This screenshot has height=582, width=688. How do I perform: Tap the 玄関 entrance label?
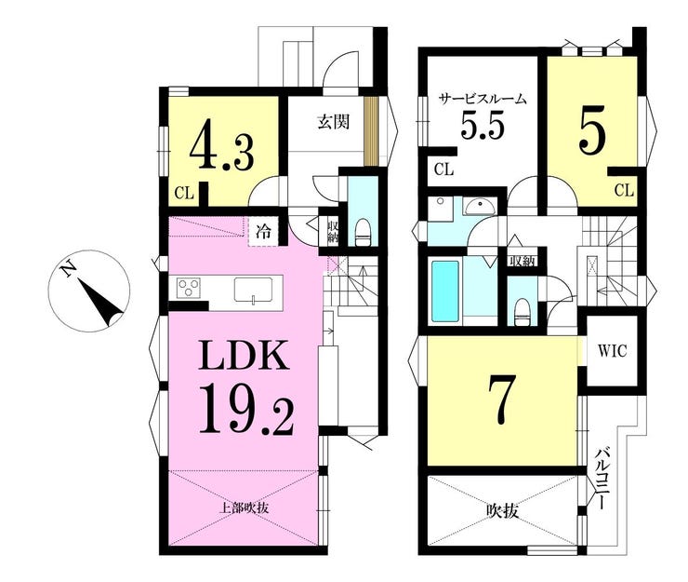tap(334, 122)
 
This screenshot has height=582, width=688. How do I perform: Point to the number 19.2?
tap(246, 409)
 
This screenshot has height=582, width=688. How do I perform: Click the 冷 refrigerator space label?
tap(263, 232)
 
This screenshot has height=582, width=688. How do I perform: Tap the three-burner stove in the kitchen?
tap(189, 289)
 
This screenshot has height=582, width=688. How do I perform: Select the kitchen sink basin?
tap(253, 290)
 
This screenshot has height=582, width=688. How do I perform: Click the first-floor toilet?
tap(364, 233)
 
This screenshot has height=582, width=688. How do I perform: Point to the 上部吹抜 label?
tap(244, 508)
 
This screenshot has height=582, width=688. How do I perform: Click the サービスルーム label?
tap(483, 100)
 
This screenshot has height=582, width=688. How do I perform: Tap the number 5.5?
tap(481, 125)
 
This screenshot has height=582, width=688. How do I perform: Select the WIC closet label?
tap(612, 352)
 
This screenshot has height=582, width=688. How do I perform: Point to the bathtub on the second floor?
tap(445, 291)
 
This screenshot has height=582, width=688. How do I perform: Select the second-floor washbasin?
tap(480, 207)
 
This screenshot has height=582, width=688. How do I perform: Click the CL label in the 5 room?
tap(624, 191)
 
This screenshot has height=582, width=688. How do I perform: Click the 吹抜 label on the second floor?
tap(502, 511)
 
